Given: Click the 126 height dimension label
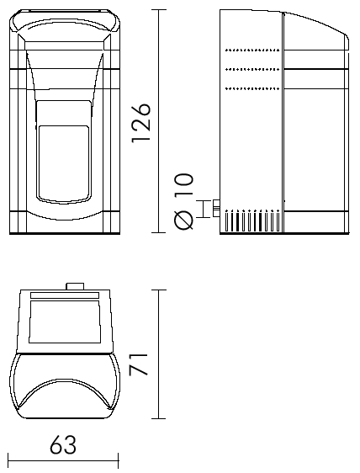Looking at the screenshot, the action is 140,123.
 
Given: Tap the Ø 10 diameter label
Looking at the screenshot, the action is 183,201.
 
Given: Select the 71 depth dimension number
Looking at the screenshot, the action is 139,364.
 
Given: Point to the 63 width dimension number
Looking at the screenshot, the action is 63,444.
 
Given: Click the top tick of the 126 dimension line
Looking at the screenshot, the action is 159,9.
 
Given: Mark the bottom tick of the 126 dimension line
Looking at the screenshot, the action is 159,232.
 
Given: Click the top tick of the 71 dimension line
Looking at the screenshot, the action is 159,290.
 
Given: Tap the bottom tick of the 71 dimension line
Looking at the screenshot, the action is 159,418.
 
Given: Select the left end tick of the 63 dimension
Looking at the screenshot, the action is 8,461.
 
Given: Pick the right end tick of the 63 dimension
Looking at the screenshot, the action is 119,461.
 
